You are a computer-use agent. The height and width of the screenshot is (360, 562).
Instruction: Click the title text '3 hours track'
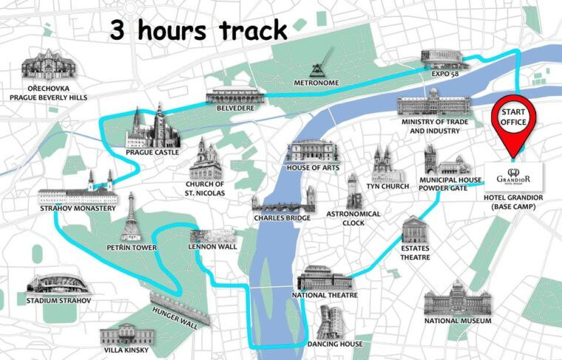tap(198, 30)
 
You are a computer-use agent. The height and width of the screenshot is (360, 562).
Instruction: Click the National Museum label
tap(458, 321)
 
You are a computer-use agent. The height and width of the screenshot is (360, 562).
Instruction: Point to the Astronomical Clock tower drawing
tap(353, 191)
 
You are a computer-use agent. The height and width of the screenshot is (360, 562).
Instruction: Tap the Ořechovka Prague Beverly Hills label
tap(46, 92)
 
